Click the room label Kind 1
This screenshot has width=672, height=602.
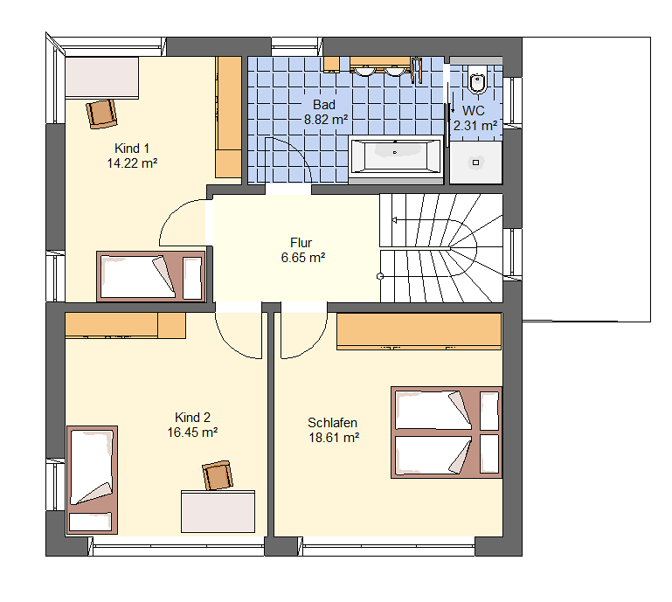coord(132,149)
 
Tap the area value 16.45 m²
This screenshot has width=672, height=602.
coord(192,432)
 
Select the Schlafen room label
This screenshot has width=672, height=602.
coord(333,423)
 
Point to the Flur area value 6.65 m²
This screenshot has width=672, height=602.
coord(303,258)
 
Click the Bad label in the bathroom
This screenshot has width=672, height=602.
coord(324,105)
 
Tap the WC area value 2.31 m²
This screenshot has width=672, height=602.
coord(475,126)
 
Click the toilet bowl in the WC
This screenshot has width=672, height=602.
coord(477,81)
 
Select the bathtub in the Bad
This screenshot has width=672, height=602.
coord(395,156)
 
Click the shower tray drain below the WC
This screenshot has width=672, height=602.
coord(475,163)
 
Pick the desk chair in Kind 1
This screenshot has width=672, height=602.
coord(101,114)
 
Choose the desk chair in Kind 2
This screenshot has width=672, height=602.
coord(218,475)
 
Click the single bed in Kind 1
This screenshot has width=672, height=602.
coord(151,276)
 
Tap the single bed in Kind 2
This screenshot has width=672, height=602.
coord(92,480)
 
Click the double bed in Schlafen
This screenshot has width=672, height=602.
coord(447,432)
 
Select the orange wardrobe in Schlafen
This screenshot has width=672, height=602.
coord(419,331)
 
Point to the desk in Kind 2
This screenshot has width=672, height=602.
coord(218,512)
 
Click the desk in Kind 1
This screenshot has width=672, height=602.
coord(102,78)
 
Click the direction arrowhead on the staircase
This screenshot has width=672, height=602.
coord(394,220)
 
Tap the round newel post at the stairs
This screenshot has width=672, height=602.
coord(380,276)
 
